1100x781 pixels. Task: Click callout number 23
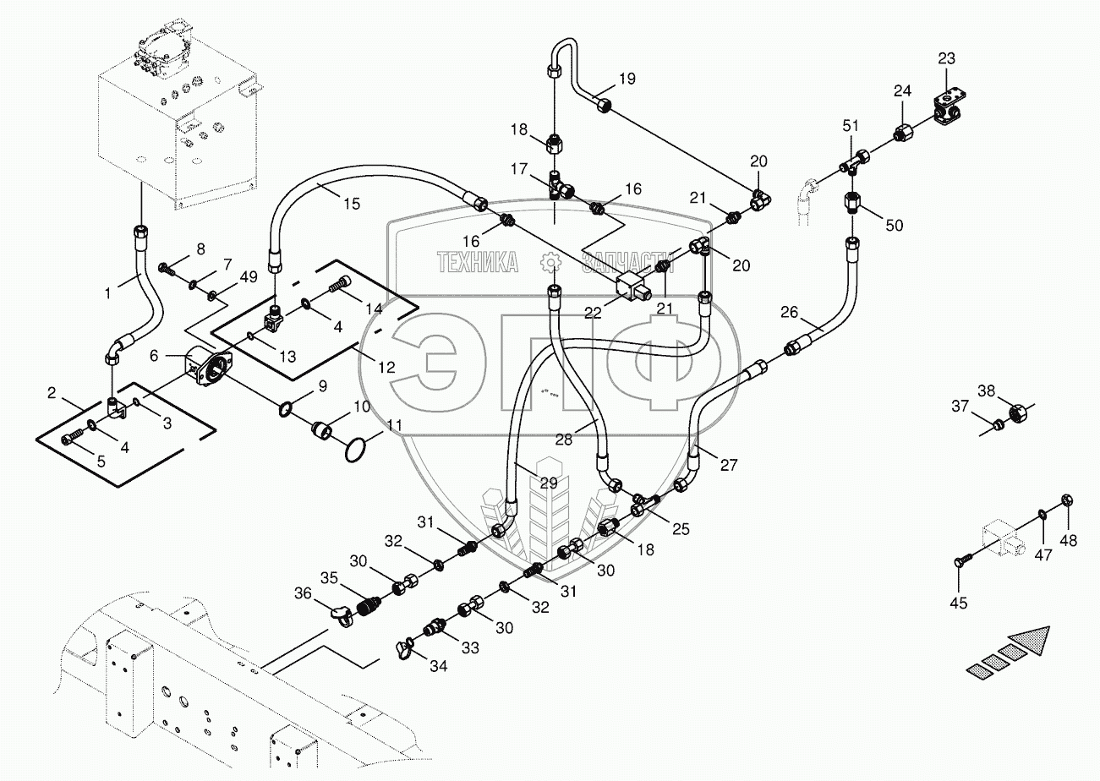(946, 58)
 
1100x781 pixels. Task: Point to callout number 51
(850, 127)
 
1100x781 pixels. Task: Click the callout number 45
(959, 603)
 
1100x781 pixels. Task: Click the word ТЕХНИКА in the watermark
(478, 263)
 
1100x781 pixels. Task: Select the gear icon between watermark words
(550, 264)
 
